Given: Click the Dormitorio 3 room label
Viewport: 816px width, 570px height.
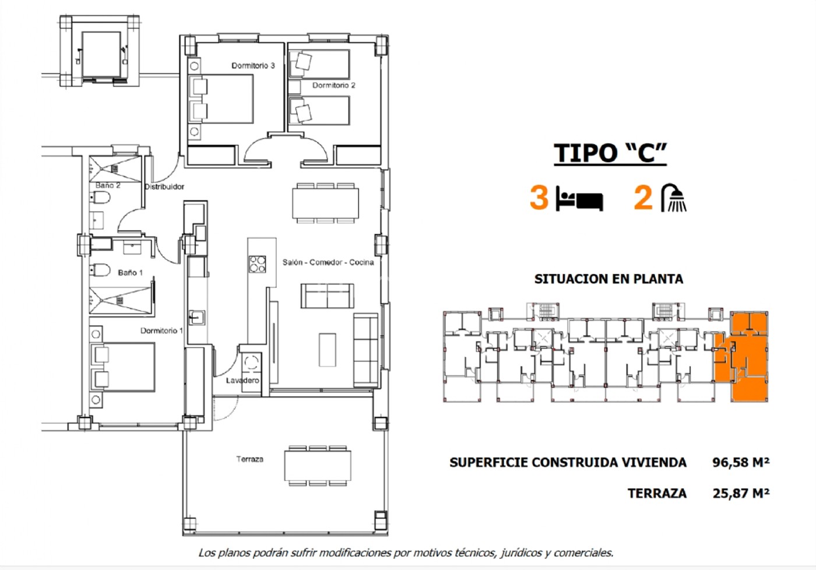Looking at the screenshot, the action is pyautogui.click(x=253, y=65).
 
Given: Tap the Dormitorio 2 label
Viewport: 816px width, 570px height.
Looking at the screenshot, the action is pyautogui.click(x=333, y=85).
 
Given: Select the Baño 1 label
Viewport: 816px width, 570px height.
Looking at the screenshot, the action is pyautogui.click(x=131, y=272).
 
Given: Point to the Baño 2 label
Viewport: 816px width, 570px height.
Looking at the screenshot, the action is pyautogui.click(x=108, y=185).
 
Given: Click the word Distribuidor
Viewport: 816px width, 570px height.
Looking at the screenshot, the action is pyautogui.click(x=164, y=187).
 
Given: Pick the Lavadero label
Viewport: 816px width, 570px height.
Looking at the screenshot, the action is pyautogui.click(x=242, y=381).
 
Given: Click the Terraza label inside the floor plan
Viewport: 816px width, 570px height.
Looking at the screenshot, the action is pyautogui.click(x=250, y=459).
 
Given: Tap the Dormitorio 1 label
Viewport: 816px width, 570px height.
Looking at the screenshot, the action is pyautogui.click(x=161, y=330).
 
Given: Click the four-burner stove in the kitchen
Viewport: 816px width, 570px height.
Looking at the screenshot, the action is pyautogui.click(x=257, y=265).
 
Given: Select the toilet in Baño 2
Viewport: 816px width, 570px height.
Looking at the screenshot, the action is pyautogui.click(x=100, y=198).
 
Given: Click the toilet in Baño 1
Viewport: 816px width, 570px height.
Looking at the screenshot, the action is pyautogui.click(x=100, y=270).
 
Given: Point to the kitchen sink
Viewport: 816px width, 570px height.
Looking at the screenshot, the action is pyautogui.click(x=197, y=318).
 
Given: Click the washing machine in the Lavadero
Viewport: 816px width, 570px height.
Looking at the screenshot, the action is pyautogui.click(x=251, y=363).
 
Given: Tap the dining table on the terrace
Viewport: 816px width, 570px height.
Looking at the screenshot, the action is pyautogui.click(x=318, y=466).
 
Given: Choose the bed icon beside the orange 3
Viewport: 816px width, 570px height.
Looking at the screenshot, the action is pyautogui.click(x=579, y=199).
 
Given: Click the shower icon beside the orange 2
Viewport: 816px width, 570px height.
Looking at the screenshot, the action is pyautogui.click(x=674, y=198).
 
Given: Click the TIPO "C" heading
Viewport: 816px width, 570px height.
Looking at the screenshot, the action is pyautogui.click(x=610, y=153).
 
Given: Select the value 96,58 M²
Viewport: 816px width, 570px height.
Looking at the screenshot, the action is pyautogui.click(x=741, y=462).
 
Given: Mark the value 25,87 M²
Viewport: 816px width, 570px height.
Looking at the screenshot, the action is pyautogui.click(x=741, y=493).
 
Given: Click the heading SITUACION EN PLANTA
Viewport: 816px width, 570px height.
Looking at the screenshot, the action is pyautogui.click(x=609, y=279).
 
